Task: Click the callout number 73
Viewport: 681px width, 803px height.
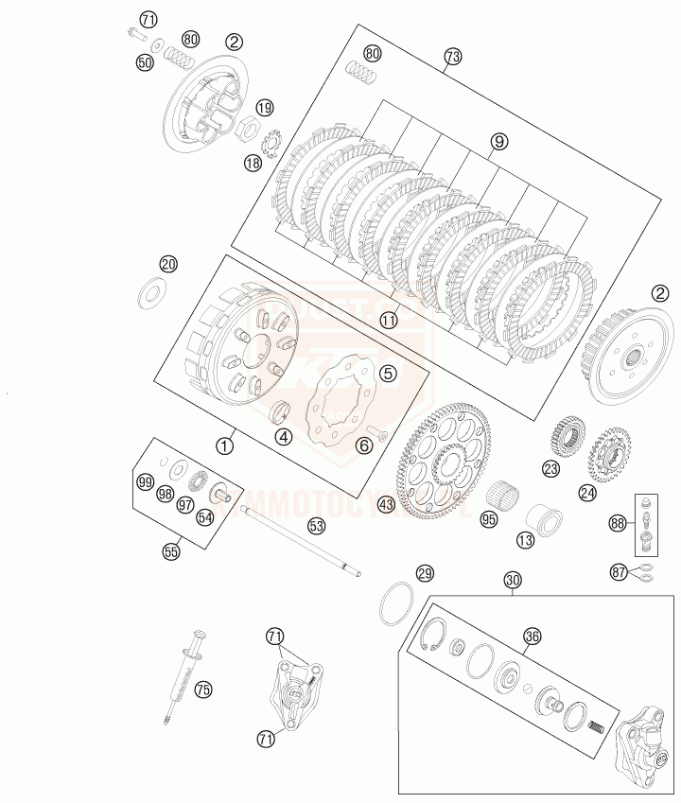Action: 452,57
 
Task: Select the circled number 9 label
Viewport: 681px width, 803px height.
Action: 498,142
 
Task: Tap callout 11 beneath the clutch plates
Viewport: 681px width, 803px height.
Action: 389,321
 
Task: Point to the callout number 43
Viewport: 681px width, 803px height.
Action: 386,505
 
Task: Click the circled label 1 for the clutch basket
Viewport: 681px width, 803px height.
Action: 225,443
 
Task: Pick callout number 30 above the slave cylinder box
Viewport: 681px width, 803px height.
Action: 512,580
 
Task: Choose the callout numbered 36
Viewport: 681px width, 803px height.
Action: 533,637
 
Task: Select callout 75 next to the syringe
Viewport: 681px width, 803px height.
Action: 202,690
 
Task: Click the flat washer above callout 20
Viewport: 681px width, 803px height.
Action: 151,292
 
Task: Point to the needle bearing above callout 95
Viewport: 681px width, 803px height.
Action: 503,494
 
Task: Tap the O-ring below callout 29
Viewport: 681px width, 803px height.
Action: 398,603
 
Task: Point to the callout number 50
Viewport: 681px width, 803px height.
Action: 145,62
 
